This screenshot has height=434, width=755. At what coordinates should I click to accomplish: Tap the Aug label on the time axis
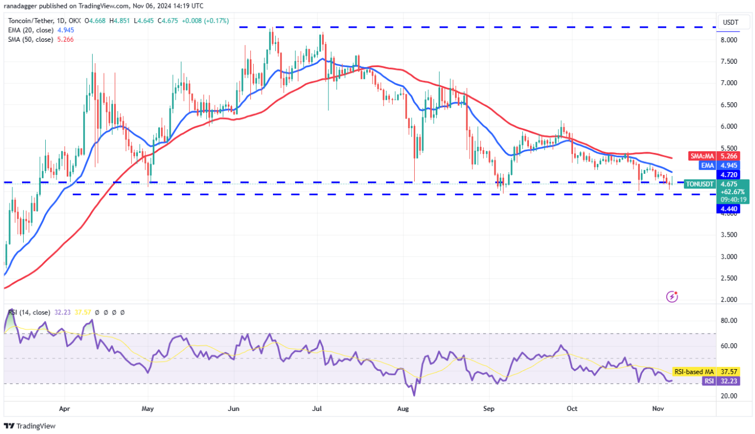403,407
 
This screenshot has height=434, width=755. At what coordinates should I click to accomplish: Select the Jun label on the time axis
233,407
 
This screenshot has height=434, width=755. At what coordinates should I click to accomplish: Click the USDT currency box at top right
730,23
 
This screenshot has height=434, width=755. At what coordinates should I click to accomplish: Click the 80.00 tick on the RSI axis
729,321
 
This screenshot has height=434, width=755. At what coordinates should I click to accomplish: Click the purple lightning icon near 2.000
672,296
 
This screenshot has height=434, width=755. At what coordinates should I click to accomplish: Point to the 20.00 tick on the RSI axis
729,396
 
